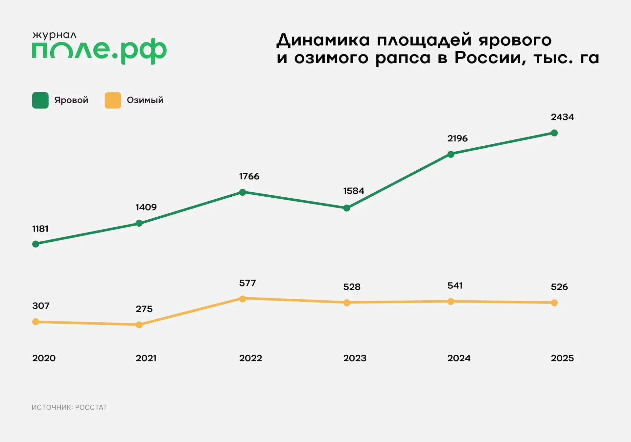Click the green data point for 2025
554,133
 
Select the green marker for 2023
346,208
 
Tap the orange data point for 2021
139,325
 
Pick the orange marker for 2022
243,299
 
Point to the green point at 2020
35,244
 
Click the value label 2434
562,117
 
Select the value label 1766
249,177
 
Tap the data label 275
144,309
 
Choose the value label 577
247,283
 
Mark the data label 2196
457,138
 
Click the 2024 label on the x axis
459,358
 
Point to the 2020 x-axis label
44,358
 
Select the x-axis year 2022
250,358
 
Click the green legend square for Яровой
40,100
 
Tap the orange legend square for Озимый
113,100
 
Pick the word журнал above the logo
54,35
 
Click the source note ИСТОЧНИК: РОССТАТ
69,407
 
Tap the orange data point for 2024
451,302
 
